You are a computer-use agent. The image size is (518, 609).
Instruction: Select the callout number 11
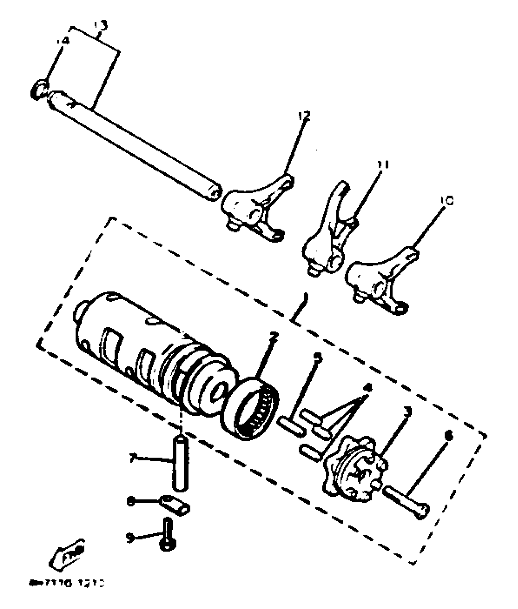tap(382, 165)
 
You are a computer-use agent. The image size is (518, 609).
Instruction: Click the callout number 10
tap(447, 200)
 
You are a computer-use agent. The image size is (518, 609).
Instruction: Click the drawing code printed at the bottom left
tap(67, 583)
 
